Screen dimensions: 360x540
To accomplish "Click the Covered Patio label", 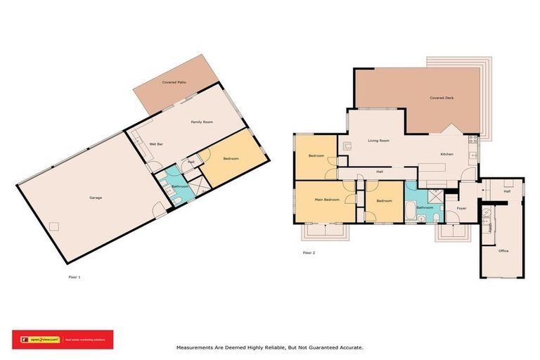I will [173, 82].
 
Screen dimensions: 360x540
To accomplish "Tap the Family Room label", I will [202, 122].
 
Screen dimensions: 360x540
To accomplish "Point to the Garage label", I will [96, 198].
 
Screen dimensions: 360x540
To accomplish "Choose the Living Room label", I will [379, 141].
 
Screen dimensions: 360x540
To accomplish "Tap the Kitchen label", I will [446, 154].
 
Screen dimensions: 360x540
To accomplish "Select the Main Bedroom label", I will [327, 200].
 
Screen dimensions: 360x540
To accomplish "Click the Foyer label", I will [461, 208].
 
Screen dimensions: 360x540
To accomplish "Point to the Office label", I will [503, 250].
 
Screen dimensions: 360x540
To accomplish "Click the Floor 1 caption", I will [75, 277].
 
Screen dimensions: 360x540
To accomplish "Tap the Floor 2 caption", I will [309, 252].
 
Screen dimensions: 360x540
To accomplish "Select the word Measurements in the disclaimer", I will [196, 347].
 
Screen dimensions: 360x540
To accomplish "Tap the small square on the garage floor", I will [53, 226].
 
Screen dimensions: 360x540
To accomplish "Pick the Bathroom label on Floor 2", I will [424, 207].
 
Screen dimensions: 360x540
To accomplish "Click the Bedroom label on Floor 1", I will [231, 159].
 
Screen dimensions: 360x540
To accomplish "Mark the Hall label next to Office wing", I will [506, 191].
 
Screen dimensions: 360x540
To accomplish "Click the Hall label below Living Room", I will [380, 172].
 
